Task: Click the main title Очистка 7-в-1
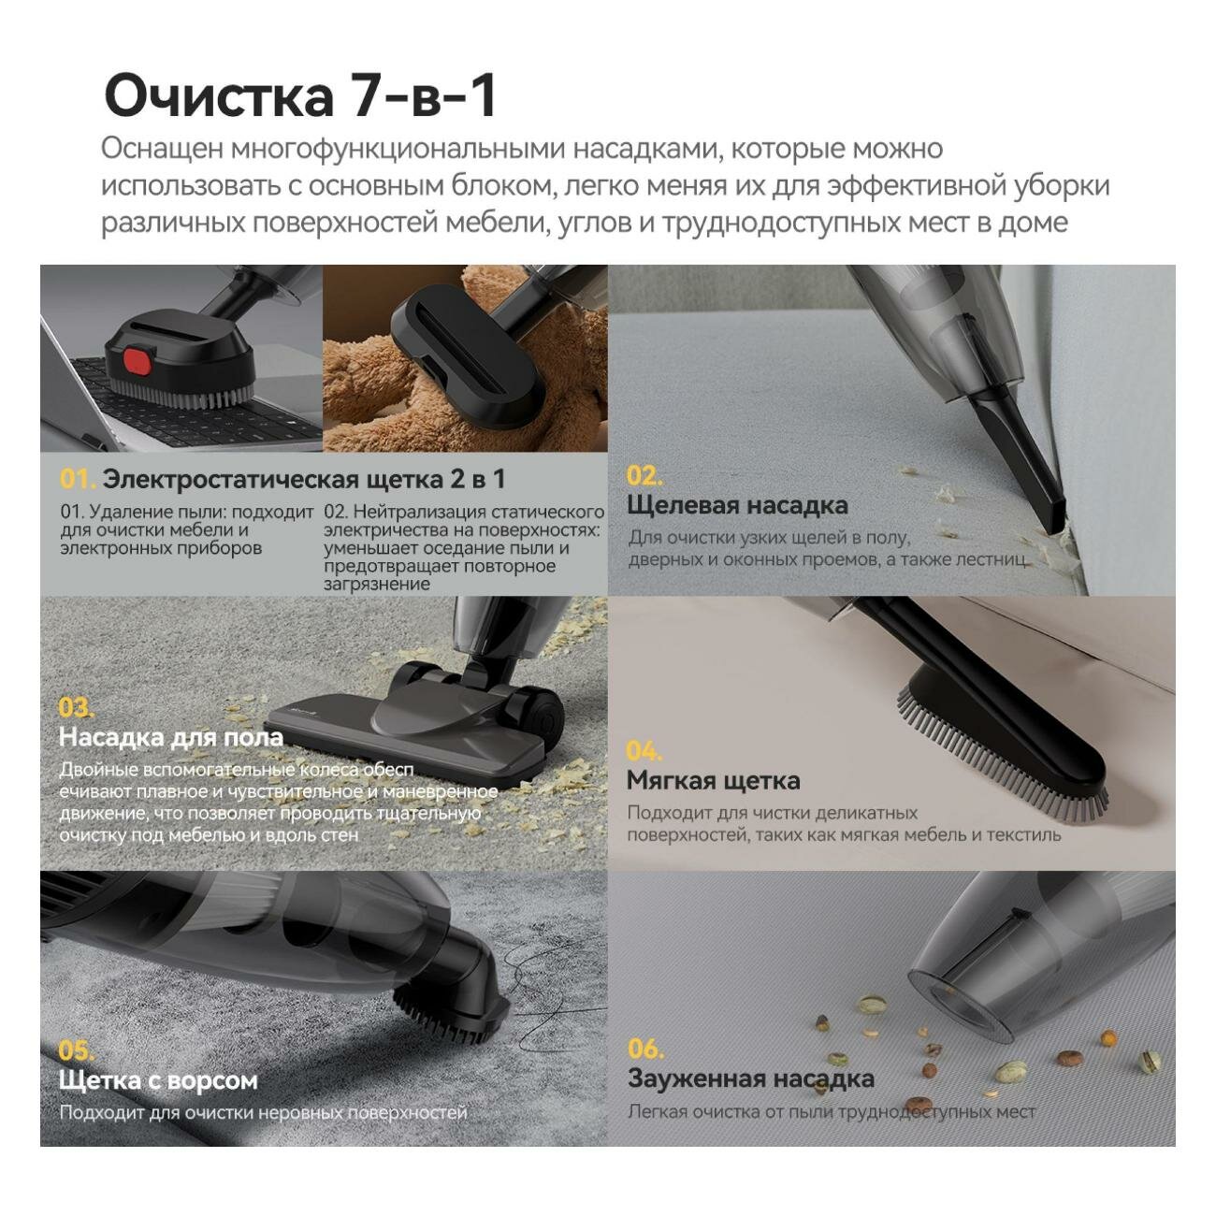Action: point(299,94)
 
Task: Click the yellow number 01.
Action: point(77,479)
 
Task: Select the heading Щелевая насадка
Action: point(737,505)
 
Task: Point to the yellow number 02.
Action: point(644,475)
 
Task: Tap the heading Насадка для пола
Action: point(170,737)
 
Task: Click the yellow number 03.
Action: point(76,707)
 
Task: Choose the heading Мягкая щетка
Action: point(713,780)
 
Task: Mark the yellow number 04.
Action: point(644,751)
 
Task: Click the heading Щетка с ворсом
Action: point(157,1080)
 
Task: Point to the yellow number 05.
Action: point(77,1050)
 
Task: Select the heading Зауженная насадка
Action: point(750,1078)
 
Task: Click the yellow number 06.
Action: point(645,1049)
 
